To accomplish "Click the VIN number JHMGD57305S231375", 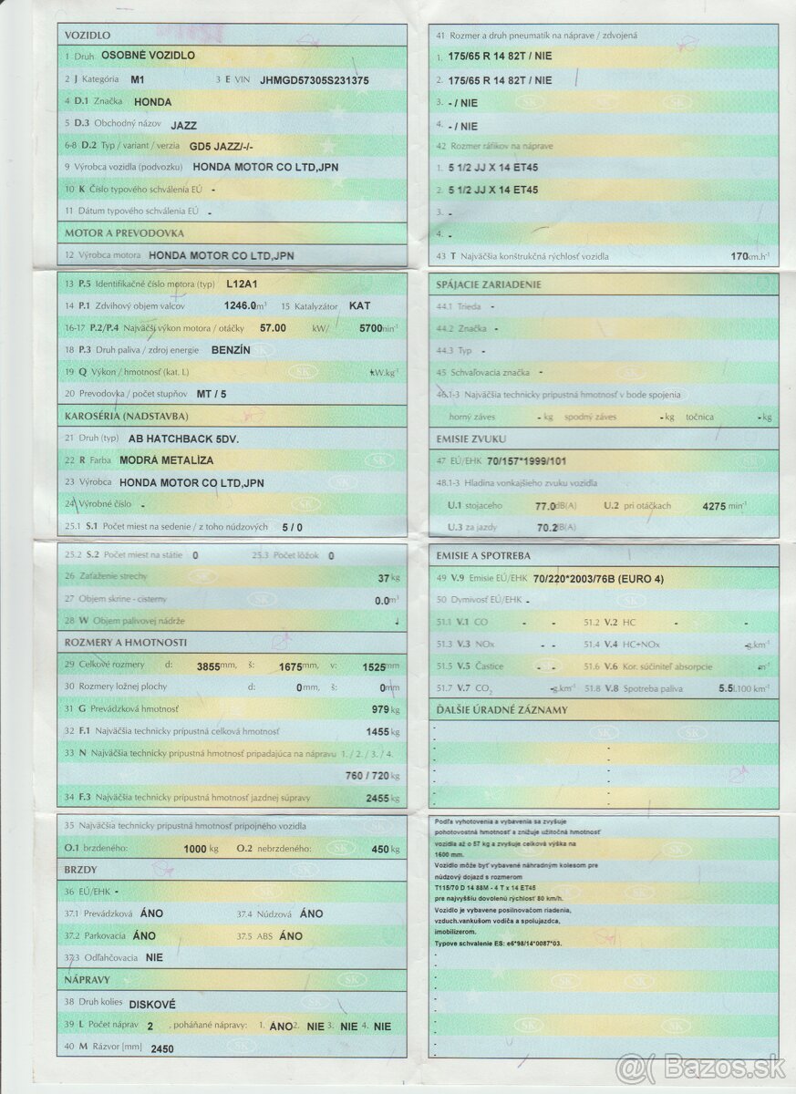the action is [315, 80].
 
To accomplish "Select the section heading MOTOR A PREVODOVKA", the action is [124, 233].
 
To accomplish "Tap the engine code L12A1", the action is [242, 284].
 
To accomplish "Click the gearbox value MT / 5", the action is [212, 394].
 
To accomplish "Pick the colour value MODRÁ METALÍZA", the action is [168, 460].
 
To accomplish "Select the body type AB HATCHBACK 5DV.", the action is [171, 439].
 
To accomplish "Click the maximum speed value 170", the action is [740, 256].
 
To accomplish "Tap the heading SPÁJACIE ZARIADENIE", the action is [489, 284].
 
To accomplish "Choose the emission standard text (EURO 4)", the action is [641, 578].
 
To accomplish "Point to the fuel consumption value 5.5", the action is [727, 688].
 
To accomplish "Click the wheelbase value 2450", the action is [161, 1048].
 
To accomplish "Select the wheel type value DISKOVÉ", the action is [152, 1004].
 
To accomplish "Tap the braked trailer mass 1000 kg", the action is [195, 849].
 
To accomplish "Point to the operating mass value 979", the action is [380, 709].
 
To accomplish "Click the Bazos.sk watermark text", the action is [703, 1067].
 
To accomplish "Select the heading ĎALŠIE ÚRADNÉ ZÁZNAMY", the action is [501, 709].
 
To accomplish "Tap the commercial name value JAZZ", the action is [183, 125].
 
